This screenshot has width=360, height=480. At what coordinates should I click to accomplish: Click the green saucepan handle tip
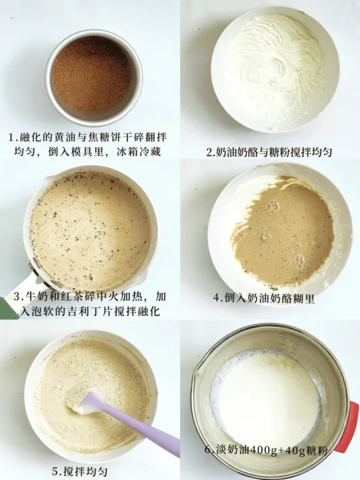coord(7,307)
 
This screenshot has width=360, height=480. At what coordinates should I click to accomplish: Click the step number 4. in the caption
coord(219,298)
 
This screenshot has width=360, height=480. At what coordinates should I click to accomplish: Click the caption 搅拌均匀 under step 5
coord(86,471)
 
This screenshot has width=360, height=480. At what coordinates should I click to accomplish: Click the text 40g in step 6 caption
coord(294,451)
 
